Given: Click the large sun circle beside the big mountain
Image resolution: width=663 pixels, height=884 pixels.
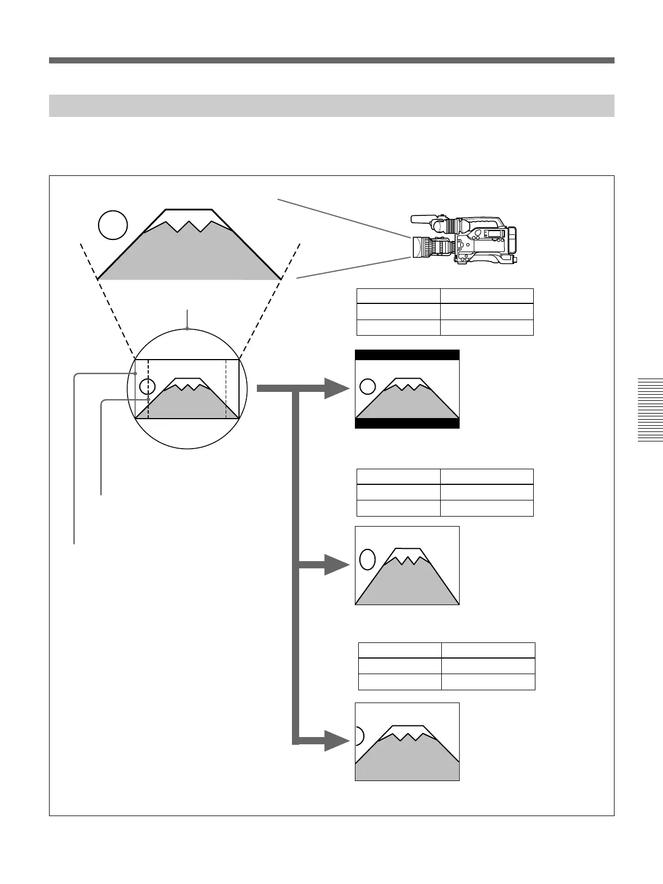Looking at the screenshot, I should click(x=113, y=225).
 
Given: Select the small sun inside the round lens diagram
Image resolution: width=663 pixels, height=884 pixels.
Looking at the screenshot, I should click(x=147, y=386).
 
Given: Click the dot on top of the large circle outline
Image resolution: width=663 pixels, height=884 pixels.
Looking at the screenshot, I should click(x=188, y=330).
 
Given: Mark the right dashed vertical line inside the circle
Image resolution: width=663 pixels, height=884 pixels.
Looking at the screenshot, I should click(x=226, y=390).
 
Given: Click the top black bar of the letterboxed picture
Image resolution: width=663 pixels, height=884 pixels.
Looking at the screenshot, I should click(x=407, y=355).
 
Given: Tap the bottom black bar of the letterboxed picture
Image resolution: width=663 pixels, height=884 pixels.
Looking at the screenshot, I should click(x=407, y=423).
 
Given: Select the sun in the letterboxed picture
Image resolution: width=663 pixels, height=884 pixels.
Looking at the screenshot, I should click(x=367, y=386).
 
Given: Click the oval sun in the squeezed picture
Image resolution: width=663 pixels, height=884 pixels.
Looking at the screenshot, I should click(x=367, y=559).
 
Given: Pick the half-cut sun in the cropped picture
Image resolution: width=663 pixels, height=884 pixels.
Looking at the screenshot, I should click(x=359, y=736).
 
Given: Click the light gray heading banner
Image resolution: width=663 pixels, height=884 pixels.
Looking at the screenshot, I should click(x=331, y=106).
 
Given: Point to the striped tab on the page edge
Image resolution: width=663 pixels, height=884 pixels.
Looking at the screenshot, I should click(x=650, y=410).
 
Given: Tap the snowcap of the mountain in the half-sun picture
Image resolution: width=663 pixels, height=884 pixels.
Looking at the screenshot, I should click(x=408, y=731).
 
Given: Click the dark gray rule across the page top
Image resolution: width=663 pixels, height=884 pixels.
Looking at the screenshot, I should click(x=331, y=60).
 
